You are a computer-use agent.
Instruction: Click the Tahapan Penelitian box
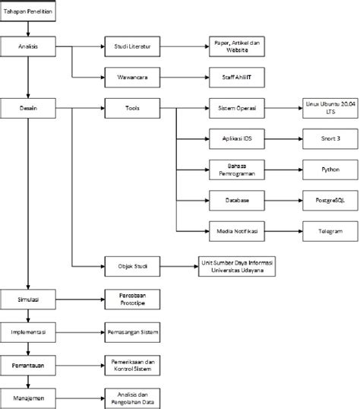(28, 13)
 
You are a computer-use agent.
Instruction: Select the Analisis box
(28, 47)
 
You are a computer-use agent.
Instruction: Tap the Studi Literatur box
(129, 47)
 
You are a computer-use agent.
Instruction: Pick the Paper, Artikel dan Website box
(235, 47)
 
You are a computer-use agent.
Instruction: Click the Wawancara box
(129, 78)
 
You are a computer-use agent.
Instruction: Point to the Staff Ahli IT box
(235, 78)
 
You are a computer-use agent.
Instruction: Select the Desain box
(28, 109)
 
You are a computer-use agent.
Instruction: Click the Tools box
(129, 109)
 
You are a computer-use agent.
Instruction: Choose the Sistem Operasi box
(235, 109)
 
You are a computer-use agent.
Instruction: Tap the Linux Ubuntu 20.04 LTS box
(330, 109)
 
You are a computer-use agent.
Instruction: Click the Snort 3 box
(330, 140)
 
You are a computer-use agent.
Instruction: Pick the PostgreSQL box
(330, 201)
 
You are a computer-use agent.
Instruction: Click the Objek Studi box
(129, 265)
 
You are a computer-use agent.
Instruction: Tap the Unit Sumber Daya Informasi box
(235, 265)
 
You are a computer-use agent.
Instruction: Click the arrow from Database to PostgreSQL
(281, 201)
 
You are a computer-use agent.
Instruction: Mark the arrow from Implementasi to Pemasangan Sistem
(80, 333)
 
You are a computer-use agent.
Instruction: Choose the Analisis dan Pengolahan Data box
(129, 398)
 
